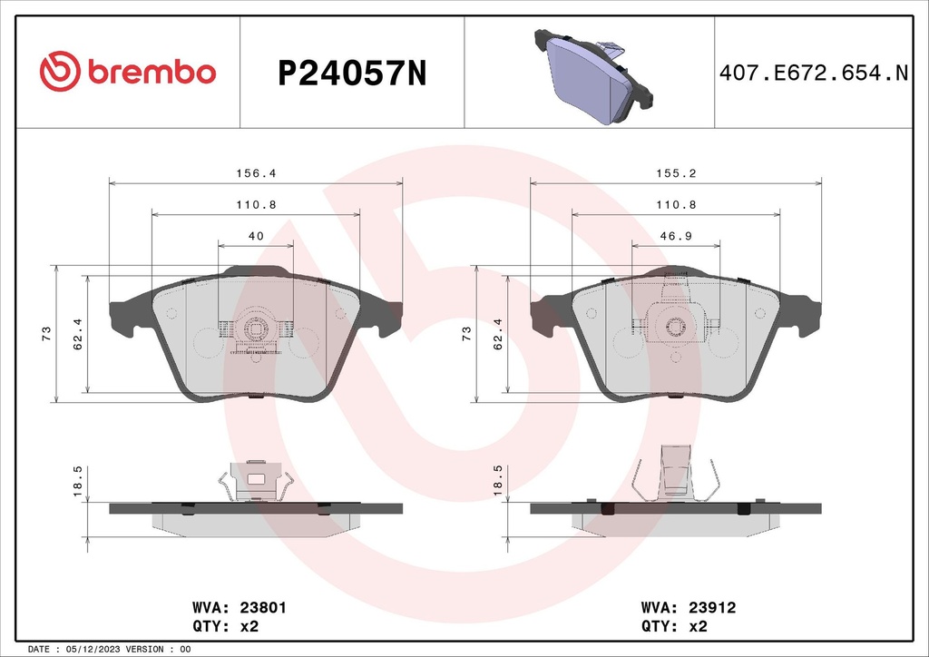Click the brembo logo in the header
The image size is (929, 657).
click(x=127, y=72)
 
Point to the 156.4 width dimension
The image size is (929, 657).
click(x=255, y=172)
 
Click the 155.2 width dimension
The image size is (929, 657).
click(x=677, y=172)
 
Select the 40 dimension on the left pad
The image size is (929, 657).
click(x=256, y=235)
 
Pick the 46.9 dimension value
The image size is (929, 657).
click(x=677, y=235)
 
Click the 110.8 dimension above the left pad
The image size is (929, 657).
click(x=255, y=204)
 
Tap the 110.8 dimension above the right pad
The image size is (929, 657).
click(x=677, y=204)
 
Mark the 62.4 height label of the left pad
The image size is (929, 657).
click(x=78, y=334)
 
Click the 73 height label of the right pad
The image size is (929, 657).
click(x=467, y=334)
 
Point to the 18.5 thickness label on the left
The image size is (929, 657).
click(x=78, y=480)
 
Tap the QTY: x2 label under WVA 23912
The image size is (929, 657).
click(x=674, y=625)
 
